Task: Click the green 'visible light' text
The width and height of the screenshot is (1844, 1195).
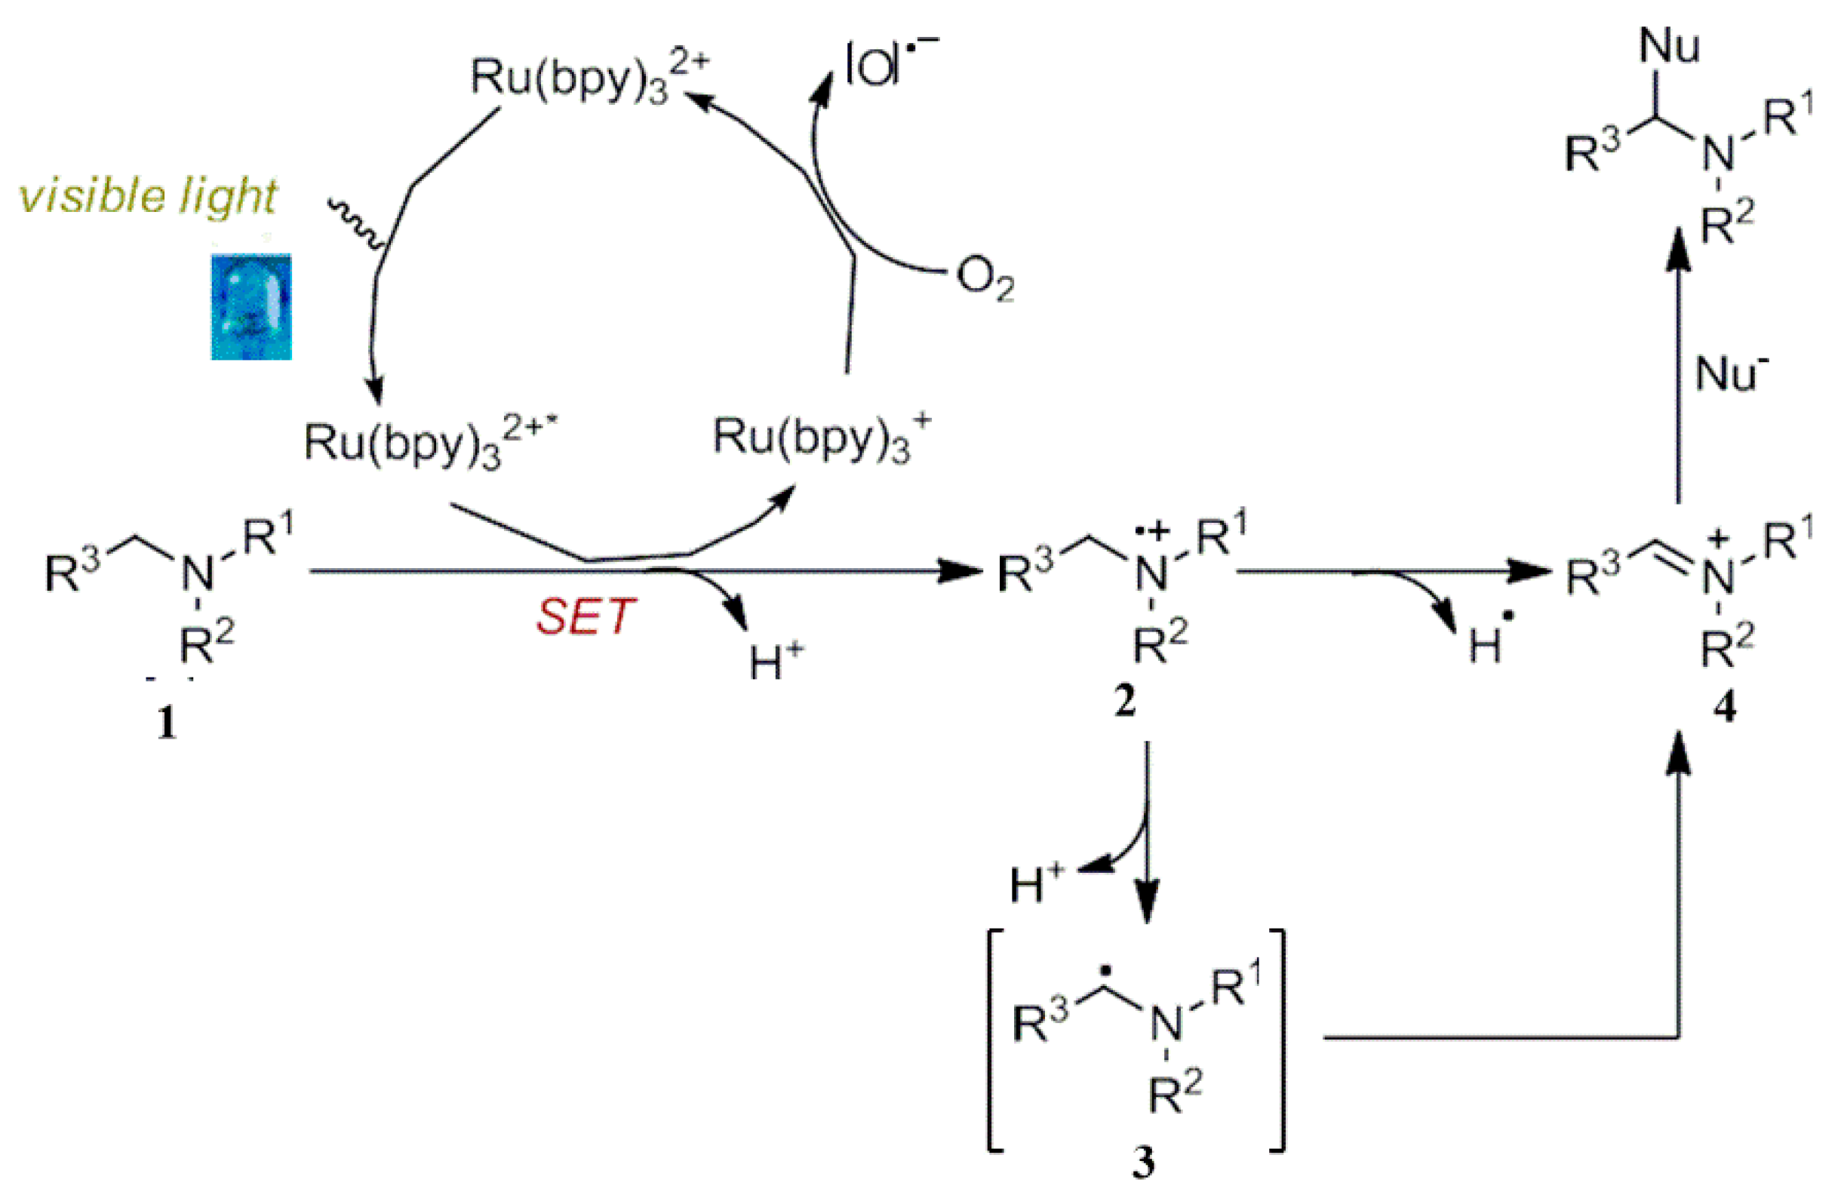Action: (x=148, y=196)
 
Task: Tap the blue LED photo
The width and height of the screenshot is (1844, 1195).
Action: (x=251, y=307)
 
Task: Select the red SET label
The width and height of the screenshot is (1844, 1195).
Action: (x=585, y=617)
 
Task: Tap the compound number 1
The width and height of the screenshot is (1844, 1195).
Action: (x=167, y=724)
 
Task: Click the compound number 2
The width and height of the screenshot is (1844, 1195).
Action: (x=1124, y=702)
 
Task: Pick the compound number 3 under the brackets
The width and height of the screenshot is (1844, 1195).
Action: (x=1144, y=1164)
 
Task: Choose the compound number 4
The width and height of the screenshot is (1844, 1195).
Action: (x=1725, y=707)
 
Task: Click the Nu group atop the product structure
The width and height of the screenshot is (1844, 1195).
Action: (x=1669, y=47)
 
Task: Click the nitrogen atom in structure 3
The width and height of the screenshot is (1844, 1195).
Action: (x=1166, y=1028)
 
